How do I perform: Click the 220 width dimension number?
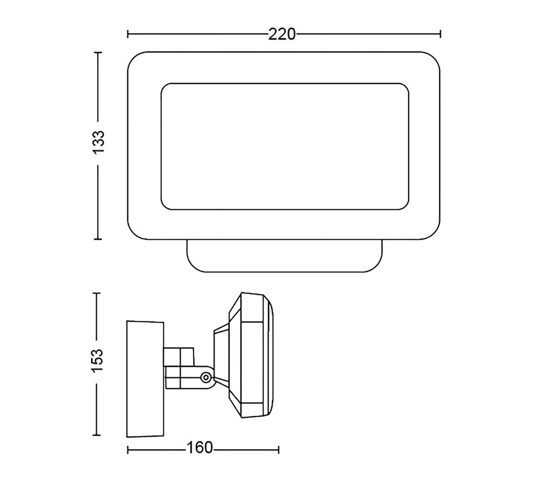pyautogui.click(x=282, y=34)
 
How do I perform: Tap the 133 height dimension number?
pyautogui.click(x=98, y=142)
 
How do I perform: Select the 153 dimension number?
pyautogui.click(x=97, y=360)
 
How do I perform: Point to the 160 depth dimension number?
pyautogui.click(x=200, y=448)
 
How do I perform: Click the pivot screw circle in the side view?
pyautogui.click(x=206, y=377)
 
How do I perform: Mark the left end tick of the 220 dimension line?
pyautogui.click(x=128, y=34)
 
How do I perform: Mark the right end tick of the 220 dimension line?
pyautogui.click(x=440, y=34)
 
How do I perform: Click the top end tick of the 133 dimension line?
pyautogui.click(x=98, y=52)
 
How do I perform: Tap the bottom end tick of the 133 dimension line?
pyautogui.click(x=98, y=239)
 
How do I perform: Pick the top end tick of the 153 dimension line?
pyautogui.click(x=97, y=293)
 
